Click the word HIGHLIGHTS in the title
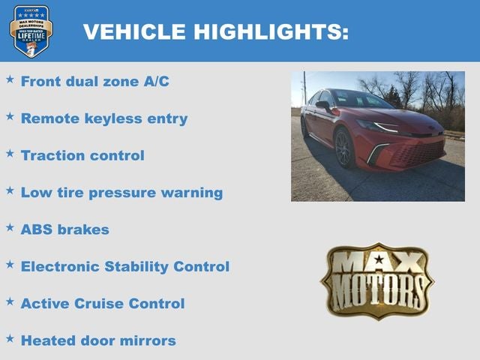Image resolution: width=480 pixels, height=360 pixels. (270, 31)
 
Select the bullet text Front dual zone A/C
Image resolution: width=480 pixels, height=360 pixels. (94, 81)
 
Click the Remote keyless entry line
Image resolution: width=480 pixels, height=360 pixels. (104, 118)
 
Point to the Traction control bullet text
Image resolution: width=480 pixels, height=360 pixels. (82, 155)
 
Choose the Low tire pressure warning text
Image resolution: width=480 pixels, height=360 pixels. (121, 192)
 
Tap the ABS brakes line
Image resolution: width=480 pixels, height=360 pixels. (65, 229)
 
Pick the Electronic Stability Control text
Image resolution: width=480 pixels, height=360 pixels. (125, 266)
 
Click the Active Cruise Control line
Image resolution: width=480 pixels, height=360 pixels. (103, 304)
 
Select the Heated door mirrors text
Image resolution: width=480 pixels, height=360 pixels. (98, 340)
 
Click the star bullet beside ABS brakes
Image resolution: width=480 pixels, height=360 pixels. (10, 226)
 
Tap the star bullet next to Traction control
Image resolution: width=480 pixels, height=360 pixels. (10, 152)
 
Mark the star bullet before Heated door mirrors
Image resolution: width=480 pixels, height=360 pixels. (10, 337)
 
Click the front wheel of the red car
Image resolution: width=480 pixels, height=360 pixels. (344, 148)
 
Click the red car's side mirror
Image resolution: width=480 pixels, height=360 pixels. (323, 106)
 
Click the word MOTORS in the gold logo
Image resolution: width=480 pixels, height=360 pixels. (378, 292)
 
